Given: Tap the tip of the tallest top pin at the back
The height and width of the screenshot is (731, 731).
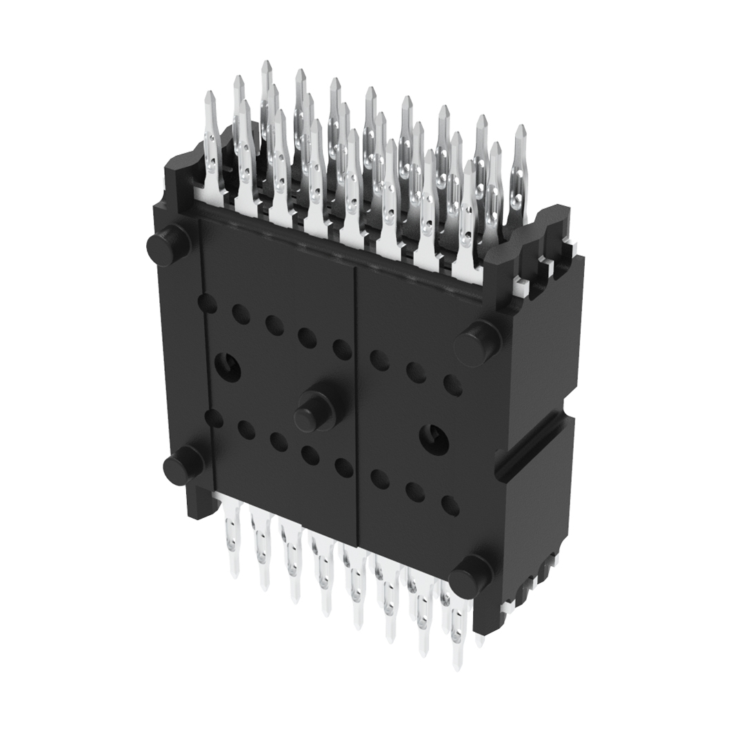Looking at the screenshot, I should click(x=266, y=66).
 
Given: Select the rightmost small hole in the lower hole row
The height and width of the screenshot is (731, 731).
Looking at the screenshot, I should click(x=450, y=505).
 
